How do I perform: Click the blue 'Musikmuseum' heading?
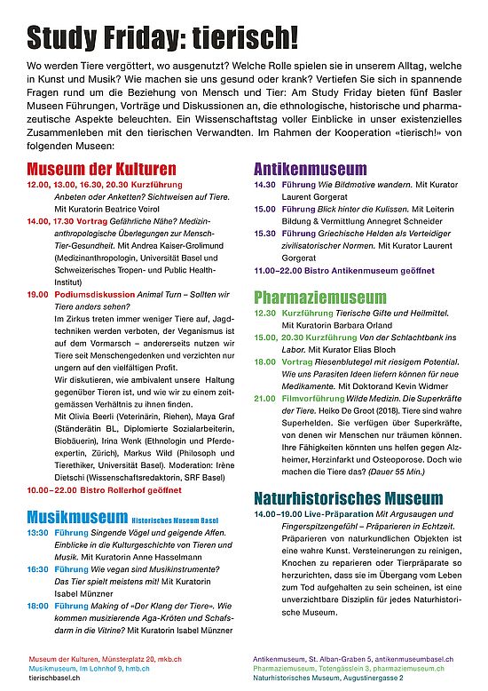tap(77, 516)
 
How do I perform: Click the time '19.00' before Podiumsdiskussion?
tap(37, 294)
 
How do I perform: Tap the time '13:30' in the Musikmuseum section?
tap(37, 532)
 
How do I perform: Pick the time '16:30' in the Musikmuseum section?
tap(37, 568)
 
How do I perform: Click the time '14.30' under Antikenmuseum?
tap(265, 184)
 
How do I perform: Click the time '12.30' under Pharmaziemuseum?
tap(265, 313)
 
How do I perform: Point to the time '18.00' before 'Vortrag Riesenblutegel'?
tap(265, 361)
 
